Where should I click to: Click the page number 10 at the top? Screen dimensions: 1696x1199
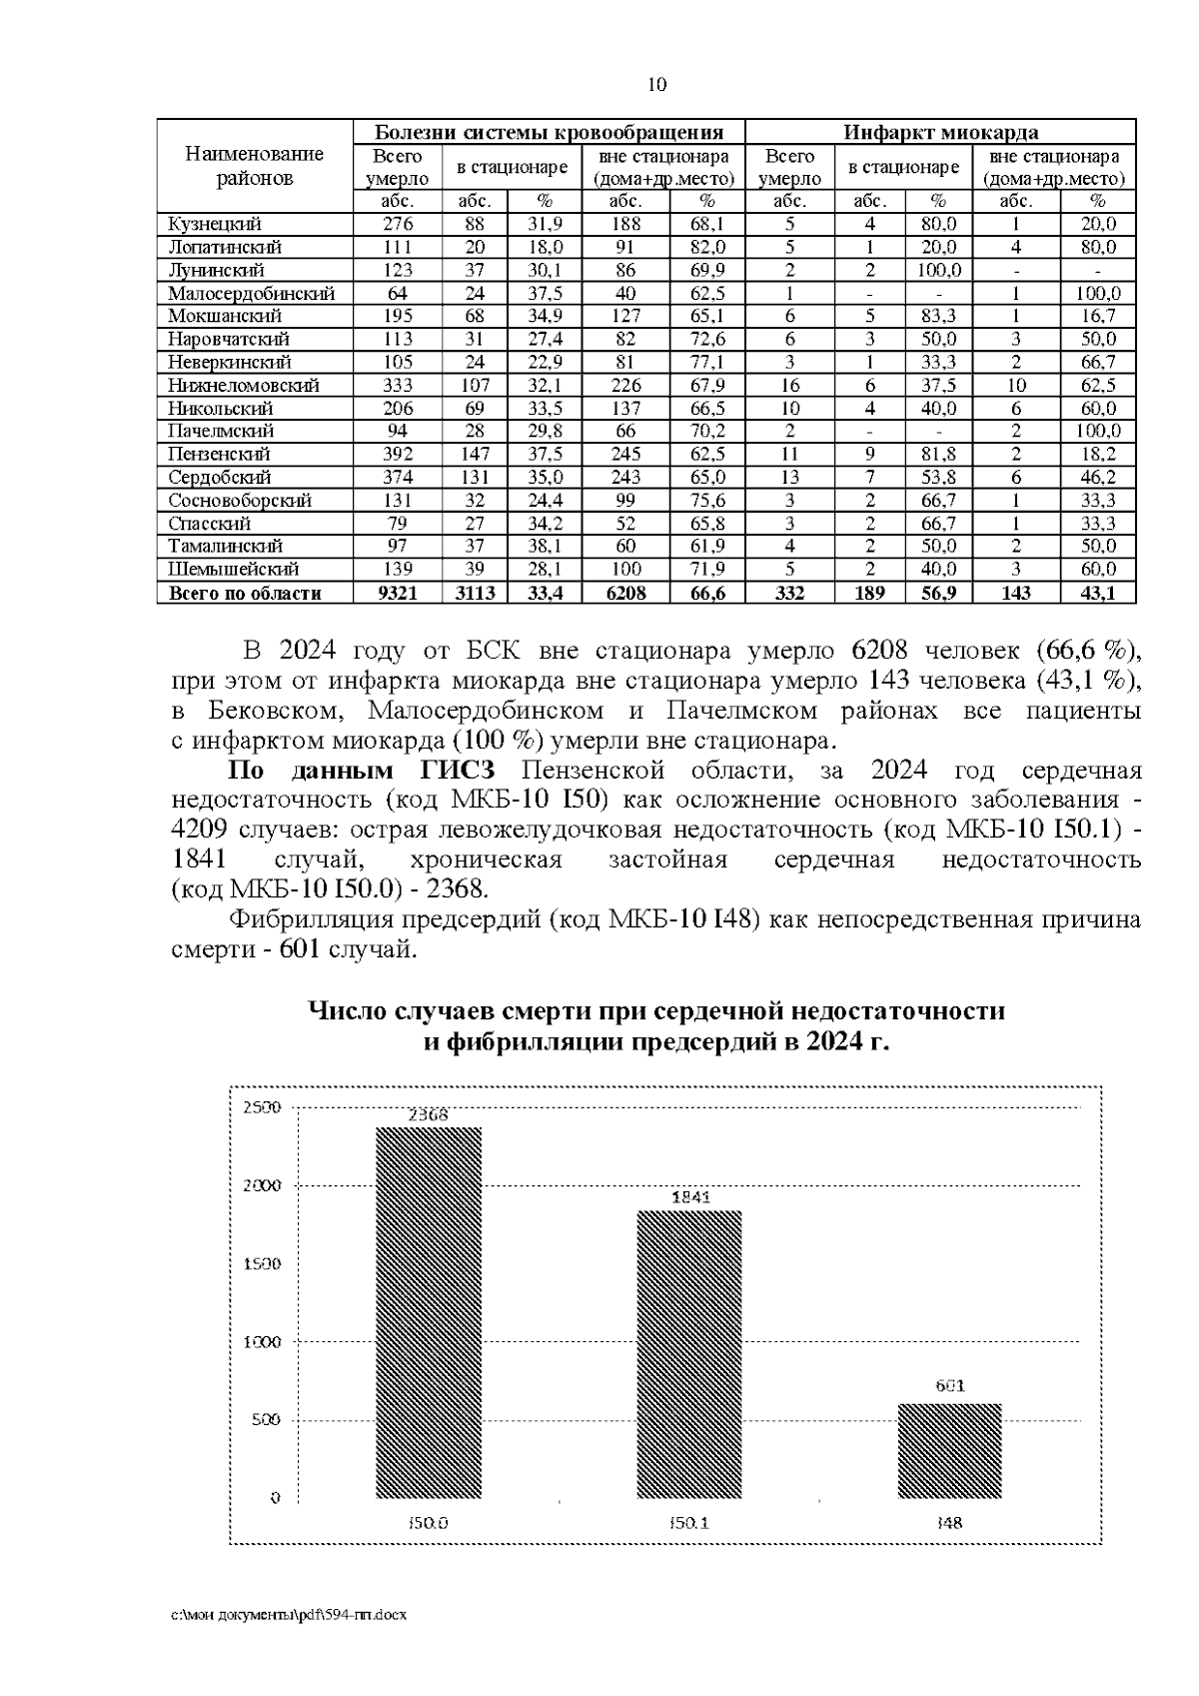pyautogui.click(x=656, y=84)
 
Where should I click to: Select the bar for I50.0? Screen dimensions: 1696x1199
pyautogui.click(x=428, y=1311)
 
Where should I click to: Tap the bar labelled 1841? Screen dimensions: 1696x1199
pyautogui.click(x=689, y=1353)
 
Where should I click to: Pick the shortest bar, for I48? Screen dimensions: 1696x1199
pyautogui.click(x=949, y=1450)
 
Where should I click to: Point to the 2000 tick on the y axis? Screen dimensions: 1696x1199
pyautogui.click(x=264, y=1185)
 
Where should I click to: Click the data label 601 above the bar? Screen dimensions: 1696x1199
pyautogui.click(x=950, y=1386)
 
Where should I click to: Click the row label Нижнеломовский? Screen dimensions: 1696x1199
pyautogui.click(x=243, y=385)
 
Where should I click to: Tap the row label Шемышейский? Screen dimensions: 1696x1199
pyautogui.click(x=233, y=569)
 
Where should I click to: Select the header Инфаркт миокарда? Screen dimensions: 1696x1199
pyautogui.click(x=940, y=132)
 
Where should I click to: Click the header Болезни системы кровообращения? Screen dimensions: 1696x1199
pyautogui.click(x=549, y=132)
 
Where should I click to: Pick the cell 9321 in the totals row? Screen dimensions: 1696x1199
pyautogui.click(x=397, y=593)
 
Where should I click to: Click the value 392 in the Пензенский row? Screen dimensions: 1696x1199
pyautogui.click(x=398, y=454)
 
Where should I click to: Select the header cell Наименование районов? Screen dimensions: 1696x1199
pyautogui.click(x=255, y=166)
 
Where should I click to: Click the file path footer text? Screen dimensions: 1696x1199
pyautogui.click(x=289, y=1614)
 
